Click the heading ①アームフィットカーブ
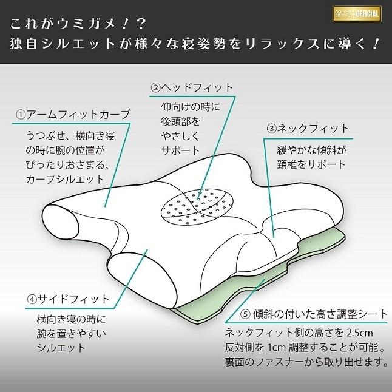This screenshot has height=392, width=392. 72,115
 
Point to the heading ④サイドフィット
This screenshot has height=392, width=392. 69,299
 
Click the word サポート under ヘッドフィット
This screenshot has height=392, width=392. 180,150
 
